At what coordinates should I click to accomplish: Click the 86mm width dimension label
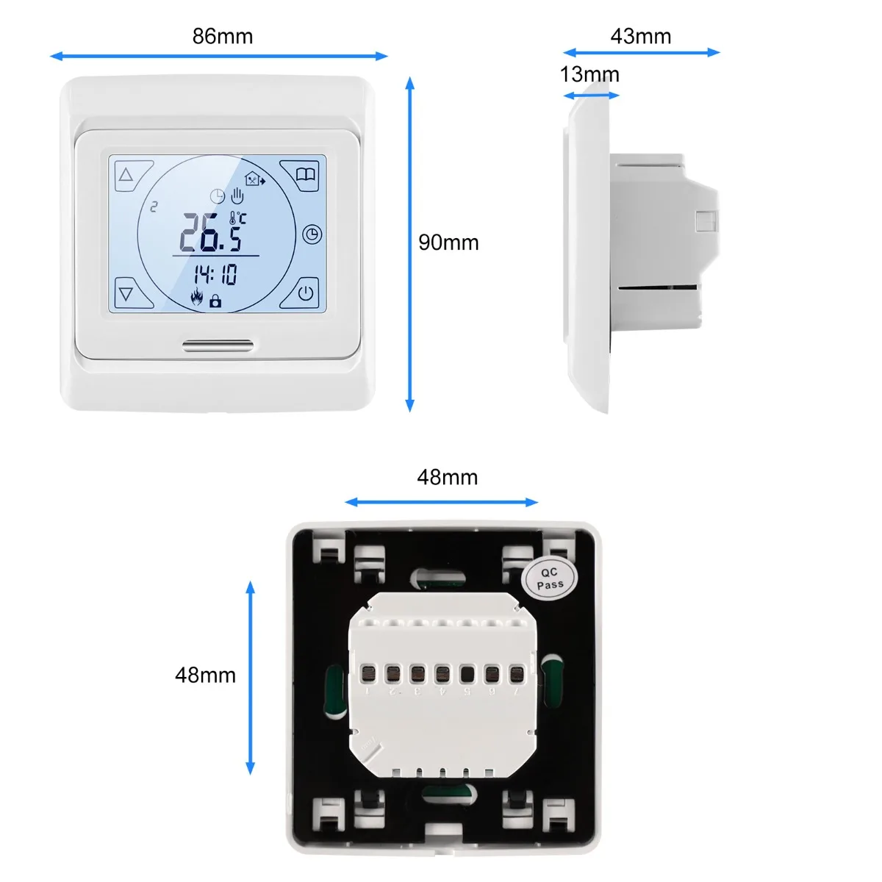pos(222,36)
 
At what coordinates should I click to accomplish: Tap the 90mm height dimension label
pos(448,243)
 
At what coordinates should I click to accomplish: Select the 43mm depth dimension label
pos(640,36)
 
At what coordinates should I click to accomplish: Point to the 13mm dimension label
pos(589,74)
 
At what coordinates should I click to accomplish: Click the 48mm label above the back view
pos(447,477)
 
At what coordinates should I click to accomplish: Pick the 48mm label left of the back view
pos(205,675)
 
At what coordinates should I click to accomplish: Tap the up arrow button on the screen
pos(126,176)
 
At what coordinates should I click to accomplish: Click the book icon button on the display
pos(306,175)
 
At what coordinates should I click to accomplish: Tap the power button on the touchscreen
pos(306,294)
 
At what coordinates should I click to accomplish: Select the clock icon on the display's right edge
pos(312,234)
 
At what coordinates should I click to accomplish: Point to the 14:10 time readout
pos(215,275)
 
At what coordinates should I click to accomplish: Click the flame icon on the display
pos(196,298)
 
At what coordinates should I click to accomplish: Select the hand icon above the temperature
pos(237,196)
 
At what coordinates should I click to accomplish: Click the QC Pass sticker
pos(550,578)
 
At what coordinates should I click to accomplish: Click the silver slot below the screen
pos(218,343)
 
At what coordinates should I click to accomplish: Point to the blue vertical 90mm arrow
pos(410,243)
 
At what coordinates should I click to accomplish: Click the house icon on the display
pos(254,179)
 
